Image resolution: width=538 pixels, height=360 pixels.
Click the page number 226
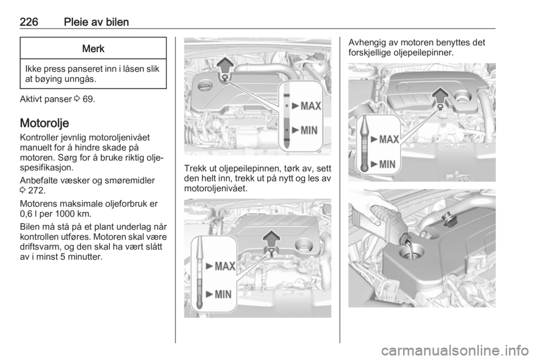pyautogui.click(x=29, y=22)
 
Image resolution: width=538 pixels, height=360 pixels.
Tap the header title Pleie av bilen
pyautogui.click(x=96, y=22)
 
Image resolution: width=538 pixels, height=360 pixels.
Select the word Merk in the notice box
pyautogui.click(x=94, y=49)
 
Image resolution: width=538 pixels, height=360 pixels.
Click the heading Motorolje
pyautogui.click(x=44, y=123)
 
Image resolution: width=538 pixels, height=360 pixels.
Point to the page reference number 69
pyautogui.click(x=87, y=99)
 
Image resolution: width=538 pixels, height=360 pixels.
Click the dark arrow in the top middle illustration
pyautogui.click(x=225, y=65)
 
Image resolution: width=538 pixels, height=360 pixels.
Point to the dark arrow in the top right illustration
pyautogui.click(x=440, y=96)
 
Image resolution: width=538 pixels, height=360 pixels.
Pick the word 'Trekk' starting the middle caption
pyautogui.click(x=195, y=169)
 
